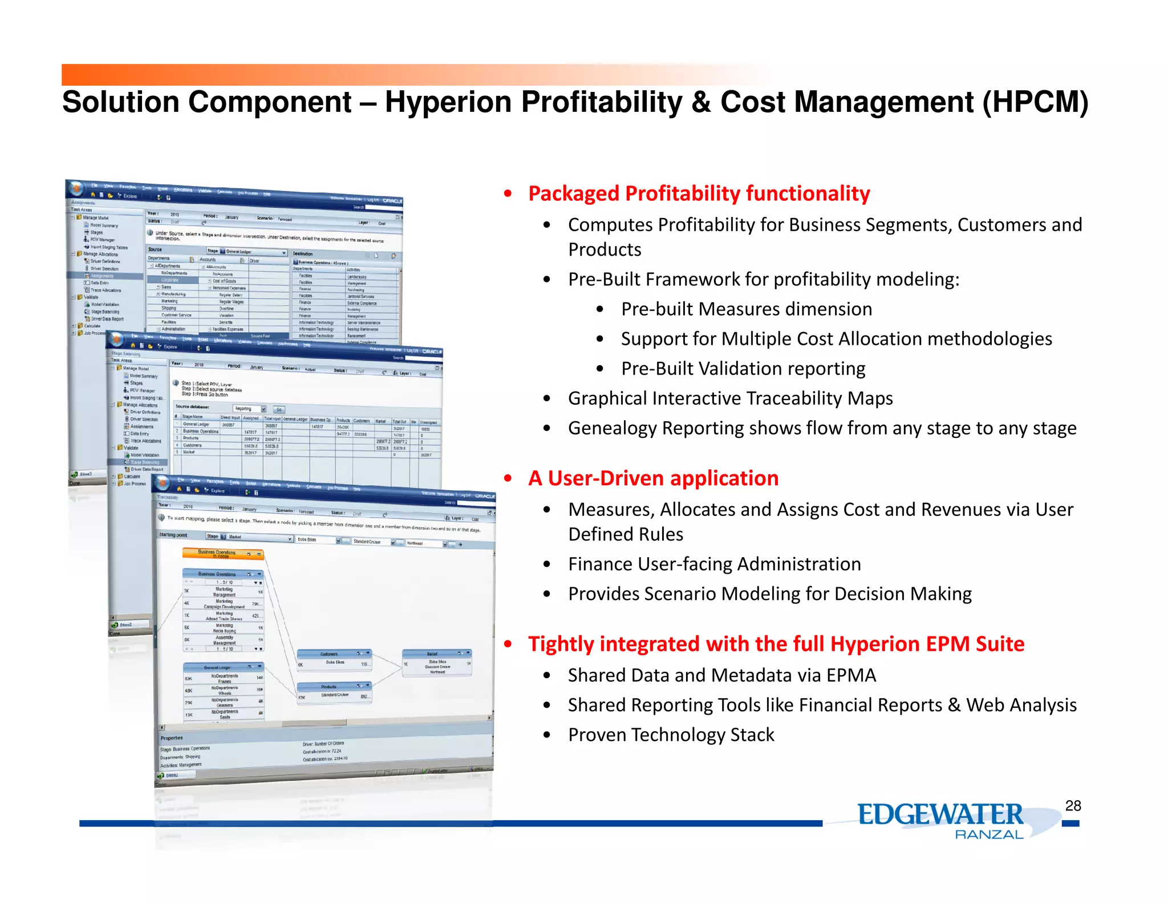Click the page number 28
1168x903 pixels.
[x=1073, y=805]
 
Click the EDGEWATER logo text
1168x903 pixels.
[x=940, y=815]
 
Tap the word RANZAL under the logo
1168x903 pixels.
[x=989, y=835]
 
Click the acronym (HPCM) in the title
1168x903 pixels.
[x=1035, y=102]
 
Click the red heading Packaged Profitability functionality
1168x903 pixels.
[x=699, y=193]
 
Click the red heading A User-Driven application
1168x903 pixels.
[x=653, y=478]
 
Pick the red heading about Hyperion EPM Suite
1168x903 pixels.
[x=776, y=644]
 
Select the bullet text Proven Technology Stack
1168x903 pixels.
[x=671, y=735]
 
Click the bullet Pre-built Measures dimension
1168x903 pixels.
[x=746, y=309]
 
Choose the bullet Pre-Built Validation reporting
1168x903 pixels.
[x=743, y=369]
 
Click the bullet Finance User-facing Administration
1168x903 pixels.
[x=714, y=564]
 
